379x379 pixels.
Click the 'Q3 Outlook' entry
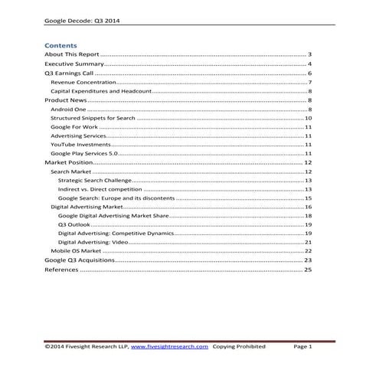click(73, 225)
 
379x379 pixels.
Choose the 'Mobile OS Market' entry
click(75, 250)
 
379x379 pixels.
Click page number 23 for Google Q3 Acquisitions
click(308, 260)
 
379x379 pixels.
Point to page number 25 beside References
click(308, 270)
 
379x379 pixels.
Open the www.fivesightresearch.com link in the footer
click(169, 347)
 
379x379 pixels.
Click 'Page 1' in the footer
click(303, 347)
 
